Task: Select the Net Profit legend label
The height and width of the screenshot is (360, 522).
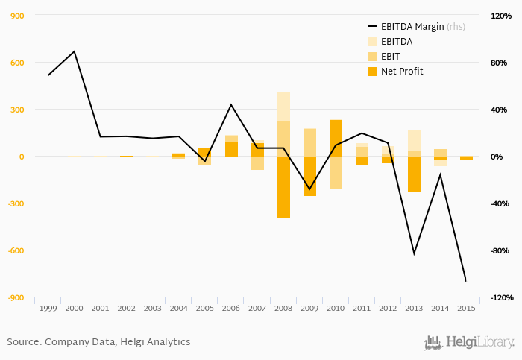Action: (402, 72)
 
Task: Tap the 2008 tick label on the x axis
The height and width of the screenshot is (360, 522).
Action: (283, 308)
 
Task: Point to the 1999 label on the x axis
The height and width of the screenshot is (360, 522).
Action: (48, 308)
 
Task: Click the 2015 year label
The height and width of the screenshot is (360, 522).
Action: (466, 308)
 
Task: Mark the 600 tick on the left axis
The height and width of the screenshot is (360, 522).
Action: (16, 63)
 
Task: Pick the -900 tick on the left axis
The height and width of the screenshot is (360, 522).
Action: (16, 297)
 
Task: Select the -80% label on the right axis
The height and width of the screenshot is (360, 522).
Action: (497, 250)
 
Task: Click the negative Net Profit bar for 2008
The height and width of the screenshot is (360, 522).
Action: (283, 187)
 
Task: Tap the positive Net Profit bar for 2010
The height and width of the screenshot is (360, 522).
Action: (336, 138)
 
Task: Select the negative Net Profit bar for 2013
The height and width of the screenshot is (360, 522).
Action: (414, 174)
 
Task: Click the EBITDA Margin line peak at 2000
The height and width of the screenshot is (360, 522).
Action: (75, 51)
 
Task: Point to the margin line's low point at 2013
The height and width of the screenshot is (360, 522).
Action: (414, 254)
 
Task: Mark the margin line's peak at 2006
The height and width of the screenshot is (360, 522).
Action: (231, 104)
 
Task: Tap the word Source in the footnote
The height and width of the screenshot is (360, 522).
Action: (23, 342)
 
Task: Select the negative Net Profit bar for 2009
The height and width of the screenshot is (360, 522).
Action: (309, 177)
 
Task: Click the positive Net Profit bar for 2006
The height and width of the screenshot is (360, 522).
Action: (231, 149)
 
